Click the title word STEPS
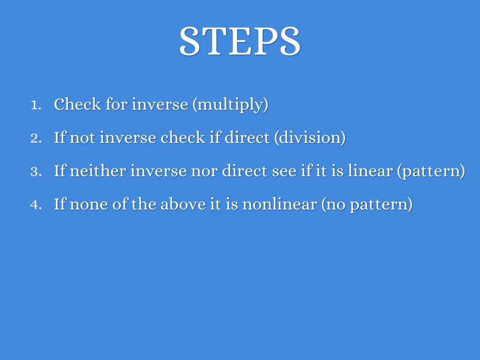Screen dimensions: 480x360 [x=240, y=41]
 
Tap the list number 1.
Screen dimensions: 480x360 [x=36, y=105]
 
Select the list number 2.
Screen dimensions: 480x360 [x=36, y=138]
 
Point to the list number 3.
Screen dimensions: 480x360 [x=36, y=172]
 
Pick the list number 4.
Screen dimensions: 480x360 [x=36, y=205]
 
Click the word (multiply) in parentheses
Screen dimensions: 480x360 [x=231, y=105]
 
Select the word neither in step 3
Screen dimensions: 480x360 [x=97, y=171]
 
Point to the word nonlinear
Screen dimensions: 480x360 [x=279, y=204]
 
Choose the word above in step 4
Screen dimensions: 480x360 [x=183, y=204]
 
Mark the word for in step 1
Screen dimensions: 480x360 [x=116, y=104]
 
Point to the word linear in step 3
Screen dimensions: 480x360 [x=370, y=171]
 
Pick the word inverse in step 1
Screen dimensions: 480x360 [x=160, y=104]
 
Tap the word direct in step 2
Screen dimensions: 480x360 [x=247, y=137]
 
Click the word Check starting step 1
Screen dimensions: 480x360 [x=77, y=104]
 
